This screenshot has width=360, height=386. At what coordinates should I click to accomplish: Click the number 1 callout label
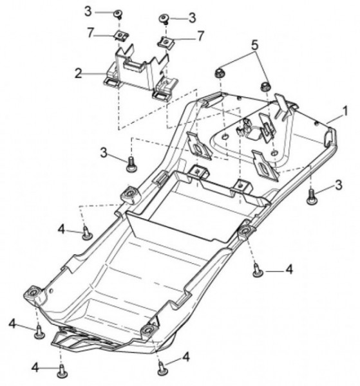click(345, 111)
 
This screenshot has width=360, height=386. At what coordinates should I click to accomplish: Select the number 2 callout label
click(79, 73)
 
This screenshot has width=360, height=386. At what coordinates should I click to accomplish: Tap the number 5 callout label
click(254, 45)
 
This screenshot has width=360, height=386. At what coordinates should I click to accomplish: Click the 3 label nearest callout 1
click(339, 185)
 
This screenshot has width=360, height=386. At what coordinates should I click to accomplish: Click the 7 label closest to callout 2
click(91, 33)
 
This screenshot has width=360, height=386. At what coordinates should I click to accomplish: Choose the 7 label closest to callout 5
click(201, 36)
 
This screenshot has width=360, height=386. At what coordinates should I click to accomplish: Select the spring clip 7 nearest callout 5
click(166, 42)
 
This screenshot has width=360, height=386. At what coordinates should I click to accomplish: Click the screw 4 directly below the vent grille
click(62, 371)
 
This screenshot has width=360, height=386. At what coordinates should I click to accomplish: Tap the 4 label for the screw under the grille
click(35, 368)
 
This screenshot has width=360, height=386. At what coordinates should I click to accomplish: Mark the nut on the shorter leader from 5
click(265, 86)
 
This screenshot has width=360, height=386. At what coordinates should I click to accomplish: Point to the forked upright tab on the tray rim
click(284, 106)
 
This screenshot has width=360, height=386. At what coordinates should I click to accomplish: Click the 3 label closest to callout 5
click(192, 18)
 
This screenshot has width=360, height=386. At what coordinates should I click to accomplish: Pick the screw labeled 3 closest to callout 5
click(164, 19)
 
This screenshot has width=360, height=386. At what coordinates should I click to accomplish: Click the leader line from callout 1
click(334, 118)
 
